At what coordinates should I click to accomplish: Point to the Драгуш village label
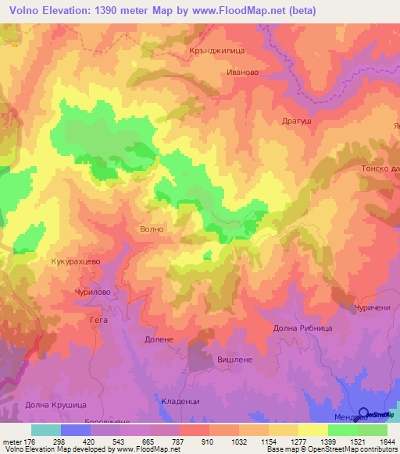[296, 122]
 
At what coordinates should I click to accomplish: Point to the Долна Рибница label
[302, 328]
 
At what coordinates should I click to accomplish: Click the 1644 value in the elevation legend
[387, 441]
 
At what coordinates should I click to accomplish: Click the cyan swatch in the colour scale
[45, 430]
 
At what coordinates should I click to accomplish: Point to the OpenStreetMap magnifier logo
[363, 415]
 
